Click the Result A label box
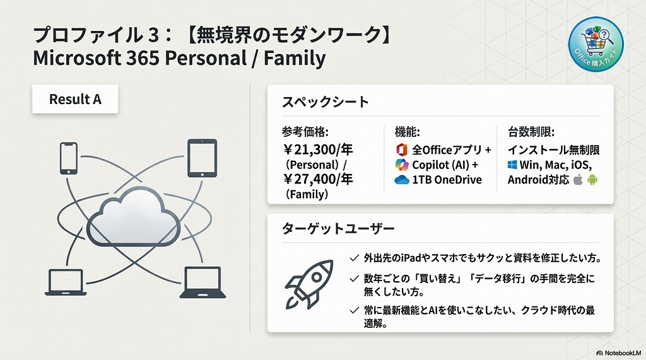click(x=75, y=100)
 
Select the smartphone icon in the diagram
click(x=68, y=158)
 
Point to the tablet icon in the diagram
click(x=202, y=157)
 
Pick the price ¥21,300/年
click(x=318, y=149)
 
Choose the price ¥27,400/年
click(x=318, y=179)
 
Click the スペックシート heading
click(x=325, y=102)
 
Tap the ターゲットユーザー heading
click(x=338, y=228)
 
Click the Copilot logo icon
click(x=402, y=165)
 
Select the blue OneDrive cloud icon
click(x=402, y=180)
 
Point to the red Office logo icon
click(x=402, y=150)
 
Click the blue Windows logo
click(x=512, y=165)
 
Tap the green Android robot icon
click(x=592, y=180)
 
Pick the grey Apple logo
click(x=577, y=180)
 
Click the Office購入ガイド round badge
click(x=596, y=45)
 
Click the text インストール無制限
click(x=553, y=150)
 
